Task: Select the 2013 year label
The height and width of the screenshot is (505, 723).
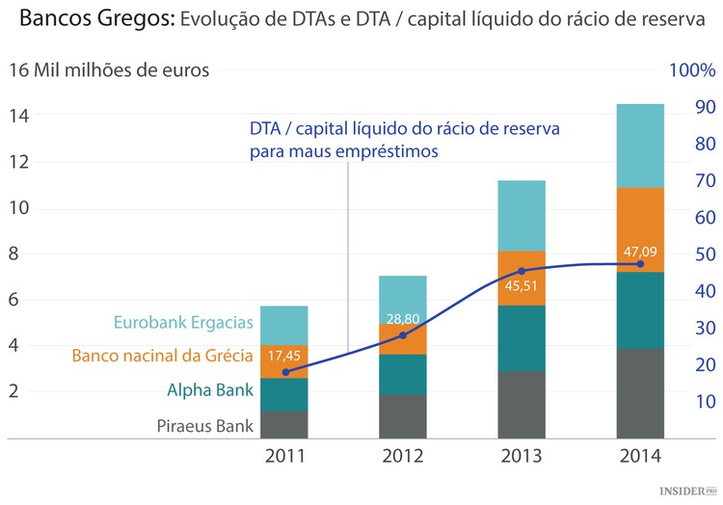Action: [x=521, y=456]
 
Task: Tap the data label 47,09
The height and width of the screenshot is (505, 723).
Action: [x=640, y=252]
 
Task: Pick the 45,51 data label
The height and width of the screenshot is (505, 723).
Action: [x=522, y=285]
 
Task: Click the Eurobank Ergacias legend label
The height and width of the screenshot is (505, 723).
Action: [x=183, y=323]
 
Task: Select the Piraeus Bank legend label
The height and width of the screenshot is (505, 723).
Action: [x=205, y=425]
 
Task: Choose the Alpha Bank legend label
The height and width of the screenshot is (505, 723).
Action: [x=210, y=390]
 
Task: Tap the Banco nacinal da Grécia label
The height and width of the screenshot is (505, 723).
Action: [x=162, y=356]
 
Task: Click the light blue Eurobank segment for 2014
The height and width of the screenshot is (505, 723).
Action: [x=640, y=146]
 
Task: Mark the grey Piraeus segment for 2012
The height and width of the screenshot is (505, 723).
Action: [x=402, y=416]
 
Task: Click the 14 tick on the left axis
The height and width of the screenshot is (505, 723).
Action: [x=19, y=116]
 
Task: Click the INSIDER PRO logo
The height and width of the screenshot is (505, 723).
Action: [x=688, y=492]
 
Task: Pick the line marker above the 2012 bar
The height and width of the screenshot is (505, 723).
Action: [x=403, y=334]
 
